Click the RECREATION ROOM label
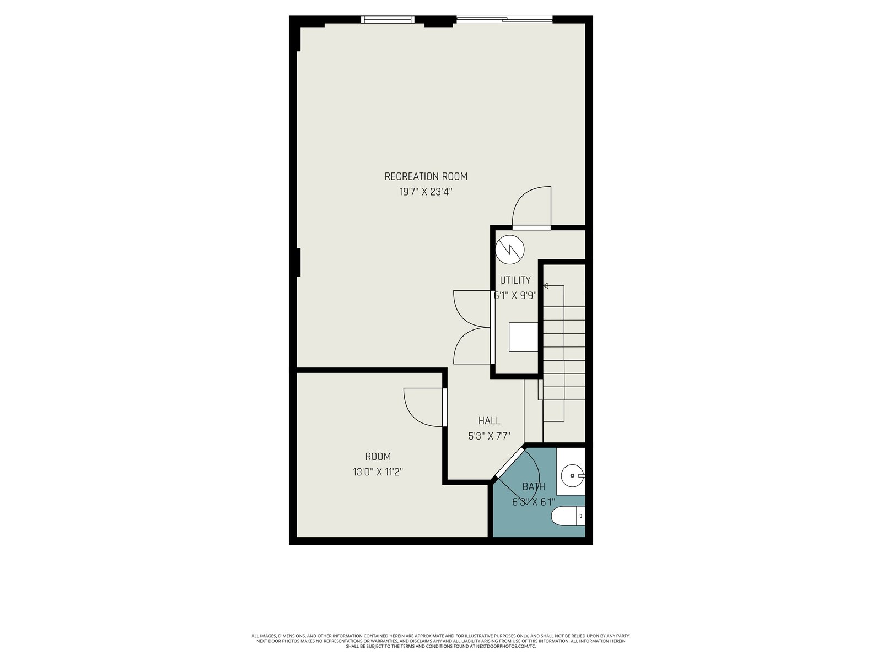[x=426, y=176]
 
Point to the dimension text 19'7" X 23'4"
[x=426, y=192]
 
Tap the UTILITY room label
[x=515, y=280]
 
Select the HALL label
[x=489, y=421]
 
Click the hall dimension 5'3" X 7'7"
[x=489, y=436]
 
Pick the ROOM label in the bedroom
[x=378, y=456]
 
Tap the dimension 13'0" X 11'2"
[x=378, y=472]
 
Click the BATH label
[x=534, y=486]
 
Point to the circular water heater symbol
[x=509, y=249]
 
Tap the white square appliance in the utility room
[x=523, y=337]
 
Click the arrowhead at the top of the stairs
[x=546, y=286]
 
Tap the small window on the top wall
[x=388, y=19]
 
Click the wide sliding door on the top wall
[x=504, y=19]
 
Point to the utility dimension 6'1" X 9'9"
[x=515, y=296]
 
